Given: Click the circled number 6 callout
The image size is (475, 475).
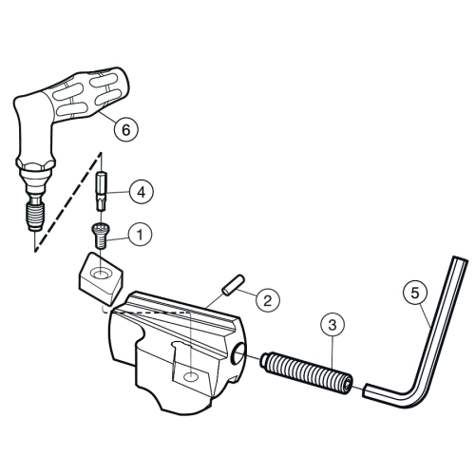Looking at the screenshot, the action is click(126, 129).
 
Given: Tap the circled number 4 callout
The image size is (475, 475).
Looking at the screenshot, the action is click(141, 192).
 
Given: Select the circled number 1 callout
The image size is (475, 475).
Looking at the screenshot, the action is click(140, 235).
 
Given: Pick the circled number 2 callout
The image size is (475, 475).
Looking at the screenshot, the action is click(268, 300).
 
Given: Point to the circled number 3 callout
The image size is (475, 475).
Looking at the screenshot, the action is click(332, 325).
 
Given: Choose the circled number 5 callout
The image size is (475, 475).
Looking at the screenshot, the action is click(415, 294).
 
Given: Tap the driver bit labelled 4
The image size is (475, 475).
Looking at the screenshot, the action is click(101, 192).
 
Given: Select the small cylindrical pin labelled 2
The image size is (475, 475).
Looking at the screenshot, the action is click(233, 285).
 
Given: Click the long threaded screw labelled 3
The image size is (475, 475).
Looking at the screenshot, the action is click(307, 370).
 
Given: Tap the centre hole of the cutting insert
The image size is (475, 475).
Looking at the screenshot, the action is click(101, 273).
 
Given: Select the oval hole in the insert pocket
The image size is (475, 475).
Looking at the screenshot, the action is click(191, 377).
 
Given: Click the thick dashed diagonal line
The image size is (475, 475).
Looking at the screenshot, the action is click(67, 202).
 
